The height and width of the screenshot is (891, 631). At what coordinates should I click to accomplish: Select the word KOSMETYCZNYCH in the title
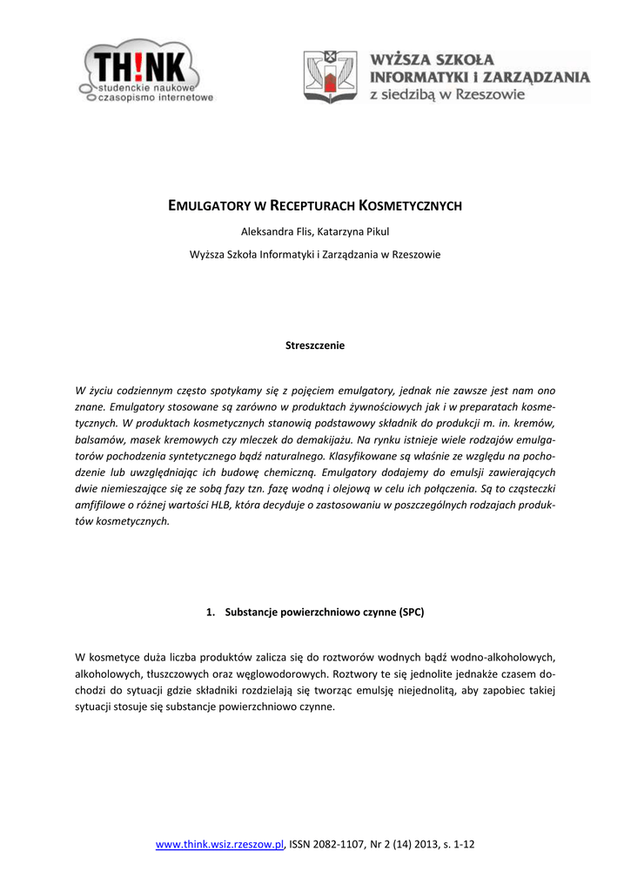click(410, 206)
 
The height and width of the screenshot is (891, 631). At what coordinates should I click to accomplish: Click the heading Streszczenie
click(315, 345)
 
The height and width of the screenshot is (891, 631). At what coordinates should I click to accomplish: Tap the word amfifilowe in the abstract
click(100, 506)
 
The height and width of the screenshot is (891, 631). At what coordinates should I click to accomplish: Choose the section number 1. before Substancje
click(211, 612)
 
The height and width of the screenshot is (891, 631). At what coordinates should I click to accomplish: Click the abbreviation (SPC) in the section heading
click(413, 612)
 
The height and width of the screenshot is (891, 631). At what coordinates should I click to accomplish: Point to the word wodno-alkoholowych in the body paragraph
click(505, 656)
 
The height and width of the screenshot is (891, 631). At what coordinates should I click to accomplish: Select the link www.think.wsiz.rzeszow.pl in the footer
click(220, 844)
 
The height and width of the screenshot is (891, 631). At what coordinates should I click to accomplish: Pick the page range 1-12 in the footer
click(461, 844)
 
